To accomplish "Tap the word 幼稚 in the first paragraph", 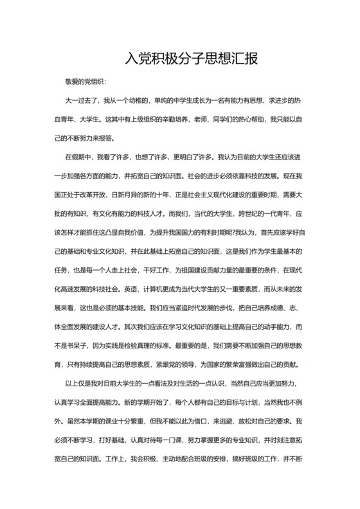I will [x=136, y=101].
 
